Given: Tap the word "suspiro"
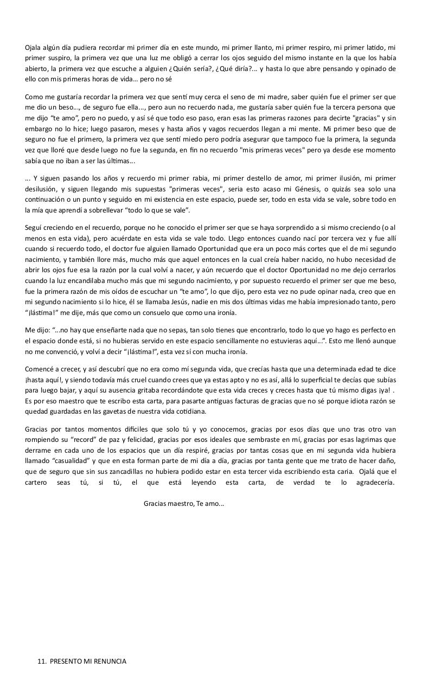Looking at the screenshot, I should [x=56, y=58].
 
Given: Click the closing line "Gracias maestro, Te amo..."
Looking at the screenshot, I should [x=184, y=504].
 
